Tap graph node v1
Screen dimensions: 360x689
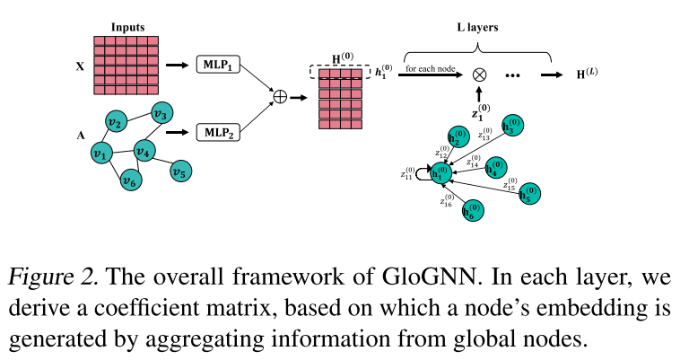(x=102, y=154)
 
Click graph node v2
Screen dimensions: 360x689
(x=114, y=122)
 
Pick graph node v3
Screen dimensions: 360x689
(x=161, y=114)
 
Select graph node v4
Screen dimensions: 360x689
(x=146, y=151)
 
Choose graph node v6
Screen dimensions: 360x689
(x=132, y=183)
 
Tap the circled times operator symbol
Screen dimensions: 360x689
(x=479, y=76)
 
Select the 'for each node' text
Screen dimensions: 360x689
(x=430, y=69)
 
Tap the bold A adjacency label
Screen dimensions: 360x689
(x=81, y=136)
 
